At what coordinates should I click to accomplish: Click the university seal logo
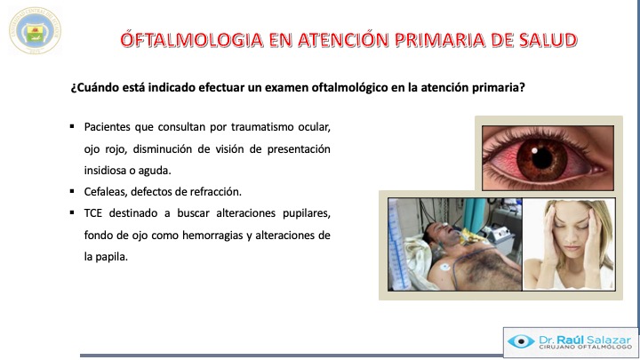coord(35,30)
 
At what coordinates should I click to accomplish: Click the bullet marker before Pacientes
coord(72,126)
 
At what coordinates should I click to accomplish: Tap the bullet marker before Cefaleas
coord(72,191)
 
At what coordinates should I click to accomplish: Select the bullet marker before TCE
coord(72,212)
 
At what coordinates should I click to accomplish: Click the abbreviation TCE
coord(93,213)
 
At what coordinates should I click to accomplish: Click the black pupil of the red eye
coord(542,158)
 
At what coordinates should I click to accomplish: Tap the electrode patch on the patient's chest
coord(444,268)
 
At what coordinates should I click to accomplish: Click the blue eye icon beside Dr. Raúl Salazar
coord(520,341)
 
